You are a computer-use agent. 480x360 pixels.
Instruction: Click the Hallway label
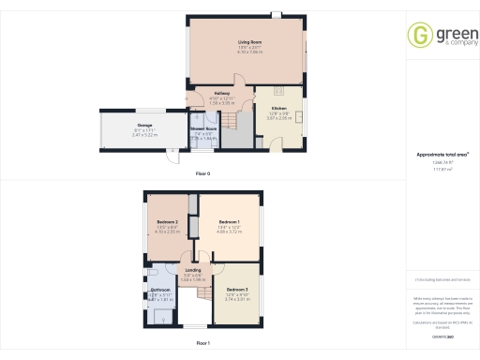pos(220,94)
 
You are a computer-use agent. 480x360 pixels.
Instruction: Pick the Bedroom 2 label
pos(168,221)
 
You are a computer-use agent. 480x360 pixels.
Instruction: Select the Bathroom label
pos(159,292)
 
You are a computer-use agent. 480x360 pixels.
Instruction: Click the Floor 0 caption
pos(202,174)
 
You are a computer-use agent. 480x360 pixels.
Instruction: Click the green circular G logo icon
pos(419,35)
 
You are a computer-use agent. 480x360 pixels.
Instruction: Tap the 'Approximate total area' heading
pos(442,155)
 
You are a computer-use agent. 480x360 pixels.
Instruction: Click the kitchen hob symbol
pos(279,92)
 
